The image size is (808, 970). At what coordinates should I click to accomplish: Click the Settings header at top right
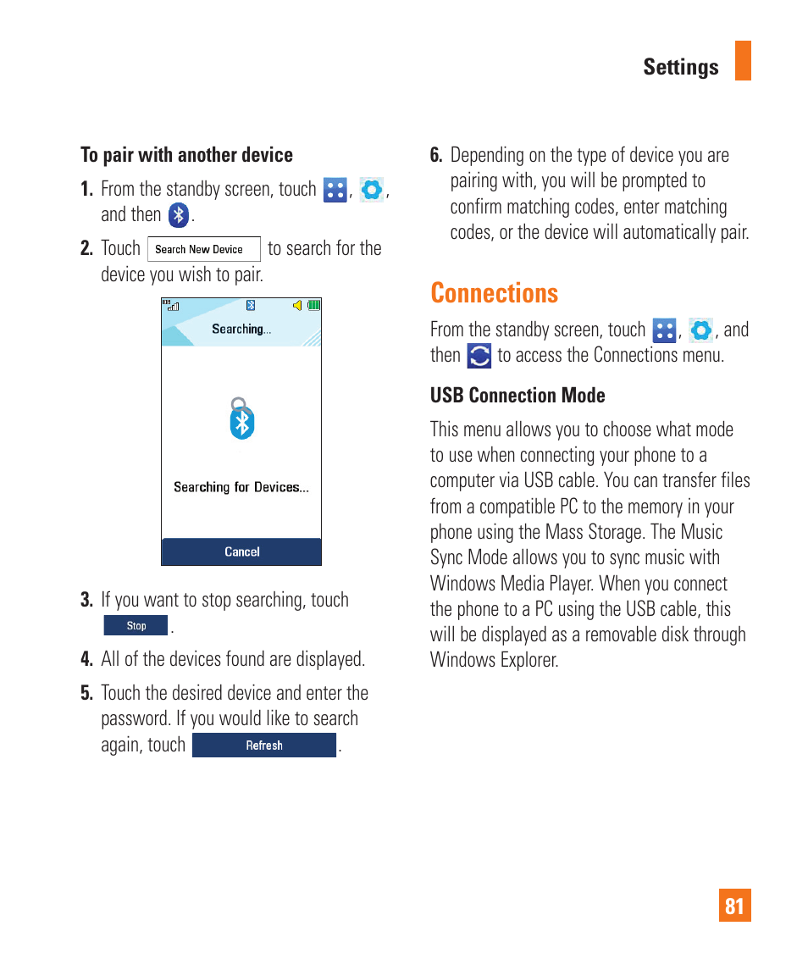pyautogui.click(x=680, y=68)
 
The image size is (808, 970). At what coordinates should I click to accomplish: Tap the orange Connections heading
pyautogui.click(x=494, y=293)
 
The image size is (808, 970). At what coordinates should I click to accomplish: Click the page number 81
pyautogui.click(x=734, y=906)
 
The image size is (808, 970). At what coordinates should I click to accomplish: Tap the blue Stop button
pyautogui.click(x=136, y=626)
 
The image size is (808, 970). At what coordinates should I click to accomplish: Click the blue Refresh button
pyautogui.click(x=264, y=746)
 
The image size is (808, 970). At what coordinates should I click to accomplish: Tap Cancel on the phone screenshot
pyautogui.click(x=241, y=552)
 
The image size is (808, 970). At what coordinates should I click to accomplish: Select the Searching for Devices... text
pyautogui.click(x=241, y=487)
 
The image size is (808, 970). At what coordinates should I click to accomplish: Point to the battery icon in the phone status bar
pyautogui.click(x=314, y=305)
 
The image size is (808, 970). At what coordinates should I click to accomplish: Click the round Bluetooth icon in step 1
pyautogui.click(x=178, y=215)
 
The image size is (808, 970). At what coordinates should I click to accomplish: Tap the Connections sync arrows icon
pyautogui.click(x=479, y=356)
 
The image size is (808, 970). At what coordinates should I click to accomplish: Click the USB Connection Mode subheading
pyautogui.click(x=517, y=396)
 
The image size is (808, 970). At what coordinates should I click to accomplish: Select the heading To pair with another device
pyautogui.click(x=186, y=155)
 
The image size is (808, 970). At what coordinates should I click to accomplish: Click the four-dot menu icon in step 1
pyautogui.click(x=335, y=190)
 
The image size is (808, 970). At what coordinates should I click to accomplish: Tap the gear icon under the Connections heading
pyautogui.click(x=700, y=330)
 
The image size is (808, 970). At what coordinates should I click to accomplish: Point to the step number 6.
pyautogui.click(x=436, y=156)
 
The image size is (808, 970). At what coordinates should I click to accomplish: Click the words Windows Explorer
pyautogui.click(x=494, y=660)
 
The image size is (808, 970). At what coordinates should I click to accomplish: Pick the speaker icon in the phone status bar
pyautogui.click(x=297, y=305)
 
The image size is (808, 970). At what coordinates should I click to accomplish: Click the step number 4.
pyautogui.click(x=86, y=659)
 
